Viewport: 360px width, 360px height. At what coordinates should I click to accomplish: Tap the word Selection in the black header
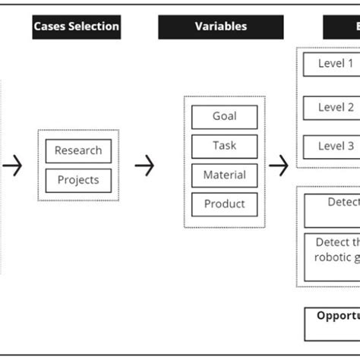tap(95, 27)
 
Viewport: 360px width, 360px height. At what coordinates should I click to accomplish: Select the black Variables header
tap(220, 27)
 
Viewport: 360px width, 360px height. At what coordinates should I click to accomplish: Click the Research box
tap(78, 151)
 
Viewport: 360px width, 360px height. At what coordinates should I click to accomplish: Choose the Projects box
tap(78, 180)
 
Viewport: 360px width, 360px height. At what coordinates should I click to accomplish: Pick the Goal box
tap(224, 117)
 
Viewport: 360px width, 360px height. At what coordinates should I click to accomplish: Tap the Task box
tap(224, 146)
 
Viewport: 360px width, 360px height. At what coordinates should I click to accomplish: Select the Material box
tap(224, 175)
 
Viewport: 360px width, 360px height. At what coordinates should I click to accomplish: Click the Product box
tap(224, 204)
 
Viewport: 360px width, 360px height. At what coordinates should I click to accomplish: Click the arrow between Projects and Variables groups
tap(144, 165)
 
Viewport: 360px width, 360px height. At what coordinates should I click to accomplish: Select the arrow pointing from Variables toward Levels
tap(279, 165)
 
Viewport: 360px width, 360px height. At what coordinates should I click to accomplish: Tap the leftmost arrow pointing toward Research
tap(12, 165)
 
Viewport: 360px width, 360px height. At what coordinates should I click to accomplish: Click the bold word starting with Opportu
tap(338, 315)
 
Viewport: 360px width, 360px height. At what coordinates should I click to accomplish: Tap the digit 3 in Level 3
tap(351, 147)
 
